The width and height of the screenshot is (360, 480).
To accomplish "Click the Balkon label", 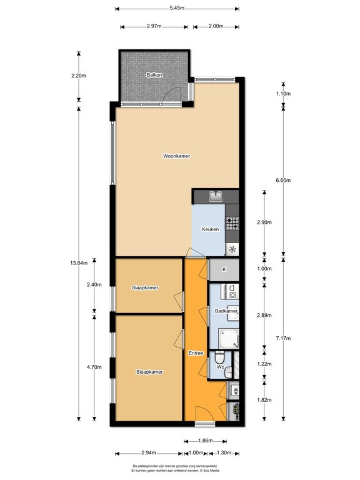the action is (x=154, y=75).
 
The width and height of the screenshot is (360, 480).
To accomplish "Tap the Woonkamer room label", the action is (x=176, y=156).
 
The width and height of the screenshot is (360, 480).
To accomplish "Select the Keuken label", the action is (x=210, y=229).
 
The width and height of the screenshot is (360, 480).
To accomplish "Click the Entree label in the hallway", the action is (x=196, y=353).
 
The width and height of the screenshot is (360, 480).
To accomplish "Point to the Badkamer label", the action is (x=226, y=311).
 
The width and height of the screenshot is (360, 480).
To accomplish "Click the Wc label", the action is (x=221, y=367).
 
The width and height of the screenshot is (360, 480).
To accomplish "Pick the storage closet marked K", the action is (x=224, y=269).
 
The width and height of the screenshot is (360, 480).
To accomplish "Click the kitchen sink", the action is (x=216, y=196).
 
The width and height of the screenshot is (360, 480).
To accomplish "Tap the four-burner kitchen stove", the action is (x=232, y=223).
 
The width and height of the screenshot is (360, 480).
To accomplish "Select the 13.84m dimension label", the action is (x=79, y=262).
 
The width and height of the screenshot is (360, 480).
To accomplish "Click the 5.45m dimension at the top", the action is (x=177, y=8).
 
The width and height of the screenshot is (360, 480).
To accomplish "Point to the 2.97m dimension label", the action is (x=154, y=26).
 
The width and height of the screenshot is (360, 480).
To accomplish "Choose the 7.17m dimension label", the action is (x=283, y=338).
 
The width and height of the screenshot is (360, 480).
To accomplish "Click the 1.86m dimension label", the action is (x=205, y=441).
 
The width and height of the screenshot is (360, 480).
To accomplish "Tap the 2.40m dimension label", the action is (x=94, y=284).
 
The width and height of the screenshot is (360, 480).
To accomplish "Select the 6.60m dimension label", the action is (x=283, y=180).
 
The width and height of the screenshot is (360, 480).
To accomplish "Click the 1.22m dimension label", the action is (x=264, y=364).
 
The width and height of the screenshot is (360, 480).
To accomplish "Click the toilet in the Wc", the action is (x=219, y=357).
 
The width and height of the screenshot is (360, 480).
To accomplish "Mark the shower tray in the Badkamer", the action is (x=229, y=339).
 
